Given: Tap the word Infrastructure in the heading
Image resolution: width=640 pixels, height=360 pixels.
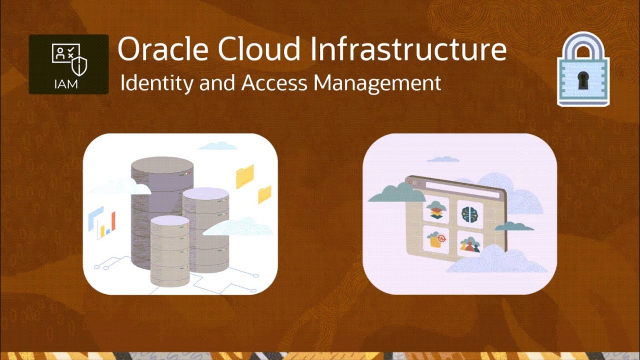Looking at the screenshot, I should click(407, 49).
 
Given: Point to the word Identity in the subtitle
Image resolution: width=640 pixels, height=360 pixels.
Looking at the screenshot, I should click(156, 83).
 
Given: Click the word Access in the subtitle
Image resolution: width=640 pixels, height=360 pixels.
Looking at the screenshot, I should click(274, 83).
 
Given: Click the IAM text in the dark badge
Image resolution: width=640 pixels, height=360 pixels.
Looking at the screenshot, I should click(65, 83).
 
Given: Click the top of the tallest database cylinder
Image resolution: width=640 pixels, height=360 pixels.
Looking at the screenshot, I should click(162, 165).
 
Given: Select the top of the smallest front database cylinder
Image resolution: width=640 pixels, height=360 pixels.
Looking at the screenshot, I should click(170, 221).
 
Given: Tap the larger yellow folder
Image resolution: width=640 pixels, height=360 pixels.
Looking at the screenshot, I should click(245, 176).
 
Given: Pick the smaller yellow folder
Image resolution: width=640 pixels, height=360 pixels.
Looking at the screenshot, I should click(264, 194).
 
